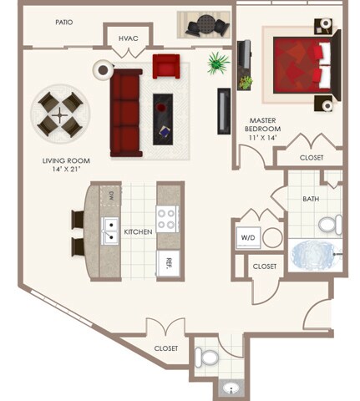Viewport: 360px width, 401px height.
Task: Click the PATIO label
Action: tap(63, 23)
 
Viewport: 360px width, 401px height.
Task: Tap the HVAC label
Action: tap(128, 38)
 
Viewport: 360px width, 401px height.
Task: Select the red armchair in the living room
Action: tap(165, 66)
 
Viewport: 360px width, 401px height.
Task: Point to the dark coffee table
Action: tap(163, 116)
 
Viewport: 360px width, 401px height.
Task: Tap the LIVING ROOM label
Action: tap(66, 165)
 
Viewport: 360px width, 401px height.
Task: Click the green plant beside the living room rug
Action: tap(220, 63)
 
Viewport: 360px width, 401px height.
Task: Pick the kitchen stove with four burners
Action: tap(167, 219)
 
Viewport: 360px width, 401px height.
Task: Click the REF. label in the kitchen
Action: tap(169, 261)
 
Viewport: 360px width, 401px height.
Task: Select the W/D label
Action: tap(248, 238)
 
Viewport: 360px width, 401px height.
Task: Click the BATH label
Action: tap(311, 199)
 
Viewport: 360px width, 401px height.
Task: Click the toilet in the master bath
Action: tap(331, 224)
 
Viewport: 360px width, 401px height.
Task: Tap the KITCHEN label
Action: tap(139, 231)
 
